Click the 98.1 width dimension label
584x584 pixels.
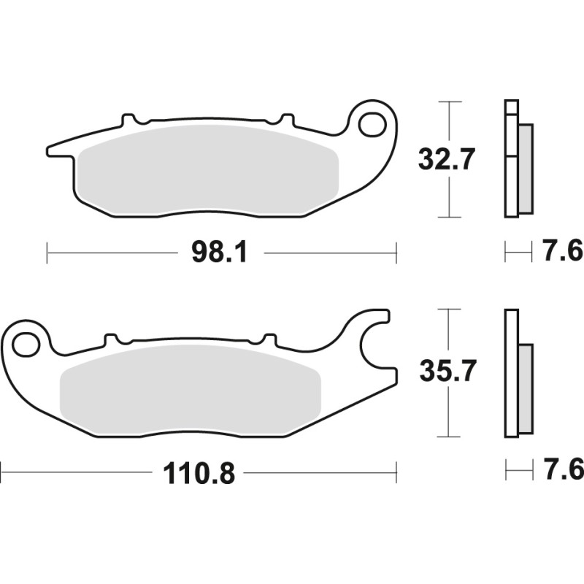click(220, 253)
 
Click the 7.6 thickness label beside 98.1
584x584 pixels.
click(562, 253)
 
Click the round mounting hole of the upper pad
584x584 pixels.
click(373, 124)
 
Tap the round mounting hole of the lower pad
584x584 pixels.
click(28, 343)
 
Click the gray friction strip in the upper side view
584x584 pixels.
click(526, 169)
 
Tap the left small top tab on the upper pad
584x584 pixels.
click(129, 118)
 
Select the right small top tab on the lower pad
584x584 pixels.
click(269, 339)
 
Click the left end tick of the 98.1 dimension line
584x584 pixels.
click(47, 253)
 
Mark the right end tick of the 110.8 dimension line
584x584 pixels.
click(396, 472)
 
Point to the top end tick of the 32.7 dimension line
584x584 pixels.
click(449, 101)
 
